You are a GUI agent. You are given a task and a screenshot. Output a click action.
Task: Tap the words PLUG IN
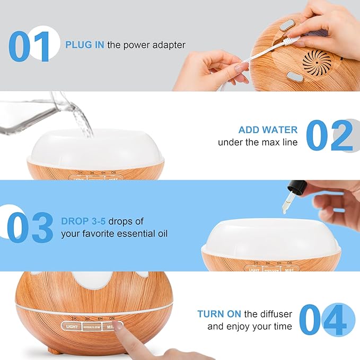tap(85, 45)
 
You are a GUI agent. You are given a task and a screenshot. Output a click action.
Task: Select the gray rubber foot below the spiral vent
tap(296, 77)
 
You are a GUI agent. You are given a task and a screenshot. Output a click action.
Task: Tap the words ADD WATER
tap(268, 130)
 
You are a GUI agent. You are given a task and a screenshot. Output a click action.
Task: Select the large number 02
tap(329, 136)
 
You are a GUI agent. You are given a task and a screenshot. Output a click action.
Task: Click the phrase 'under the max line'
tap(258, 143)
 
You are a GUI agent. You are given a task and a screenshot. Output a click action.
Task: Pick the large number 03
tap(30, 227)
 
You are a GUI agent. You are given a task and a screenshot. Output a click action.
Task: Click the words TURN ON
tap(219, 314)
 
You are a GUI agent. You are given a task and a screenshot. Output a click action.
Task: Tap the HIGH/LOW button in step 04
tap(91, 327)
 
